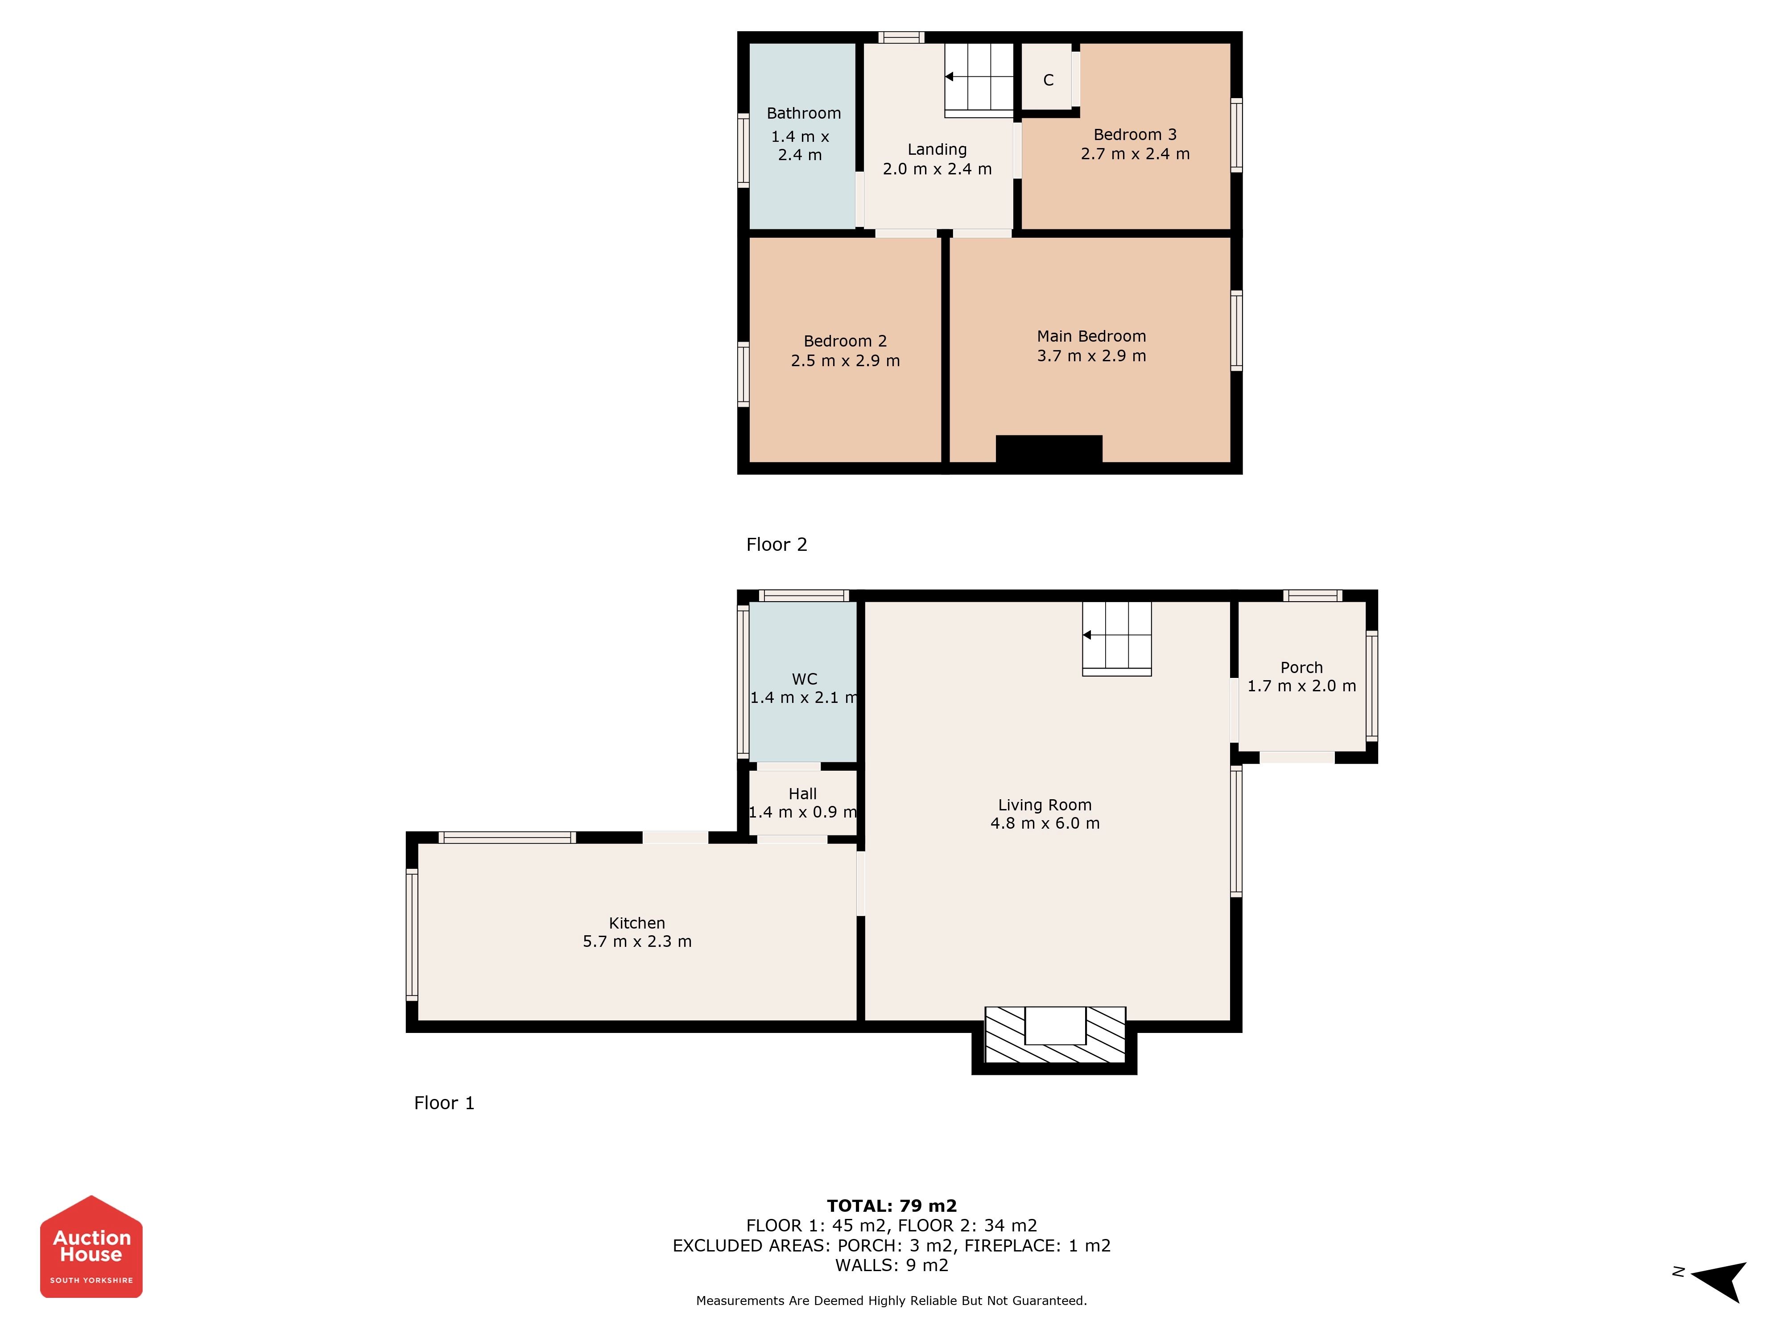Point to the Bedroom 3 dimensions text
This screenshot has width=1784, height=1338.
tap(1135, 154)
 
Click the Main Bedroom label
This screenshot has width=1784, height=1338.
tap(1091, 336)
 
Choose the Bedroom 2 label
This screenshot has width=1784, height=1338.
tap(845, 341)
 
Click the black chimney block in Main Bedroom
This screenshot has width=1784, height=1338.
tap(1049, 449)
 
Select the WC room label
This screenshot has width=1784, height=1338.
tap(804, 679)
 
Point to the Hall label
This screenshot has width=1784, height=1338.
tap(802, 793)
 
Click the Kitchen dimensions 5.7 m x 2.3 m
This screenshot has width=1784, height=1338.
tap(637, 941)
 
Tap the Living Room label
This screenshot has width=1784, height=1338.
tap(1045, 805)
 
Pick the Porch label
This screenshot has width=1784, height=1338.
tap(1301, 668)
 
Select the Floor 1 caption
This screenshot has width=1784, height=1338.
tap(444, 1103)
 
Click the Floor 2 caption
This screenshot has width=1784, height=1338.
tap(776, 545)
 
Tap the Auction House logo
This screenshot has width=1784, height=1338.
tap(91, 1246)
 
